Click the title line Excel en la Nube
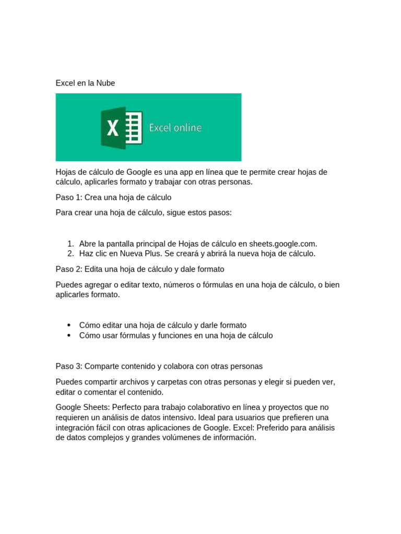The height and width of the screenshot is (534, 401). (85, 83)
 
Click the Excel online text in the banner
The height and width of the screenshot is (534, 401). (175, 128)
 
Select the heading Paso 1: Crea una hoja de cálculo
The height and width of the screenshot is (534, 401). (113, 198)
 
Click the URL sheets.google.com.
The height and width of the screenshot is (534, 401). (282, 244)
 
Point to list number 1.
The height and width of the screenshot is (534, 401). (70, 244)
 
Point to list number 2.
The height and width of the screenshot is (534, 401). (70, 253)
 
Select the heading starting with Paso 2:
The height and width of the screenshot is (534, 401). (140, 269)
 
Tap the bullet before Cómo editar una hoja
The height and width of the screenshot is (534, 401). (69, 325)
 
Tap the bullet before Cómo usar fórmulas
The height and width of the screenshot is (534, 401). (69, 335)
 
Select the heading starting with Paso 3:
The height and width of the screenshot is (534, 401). (159, 366)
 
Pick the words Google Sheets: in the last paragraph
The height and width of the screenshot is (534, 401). (82, 407)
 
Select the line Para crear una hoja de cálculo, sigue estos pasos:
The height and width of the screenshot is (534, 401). (144, 213)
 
